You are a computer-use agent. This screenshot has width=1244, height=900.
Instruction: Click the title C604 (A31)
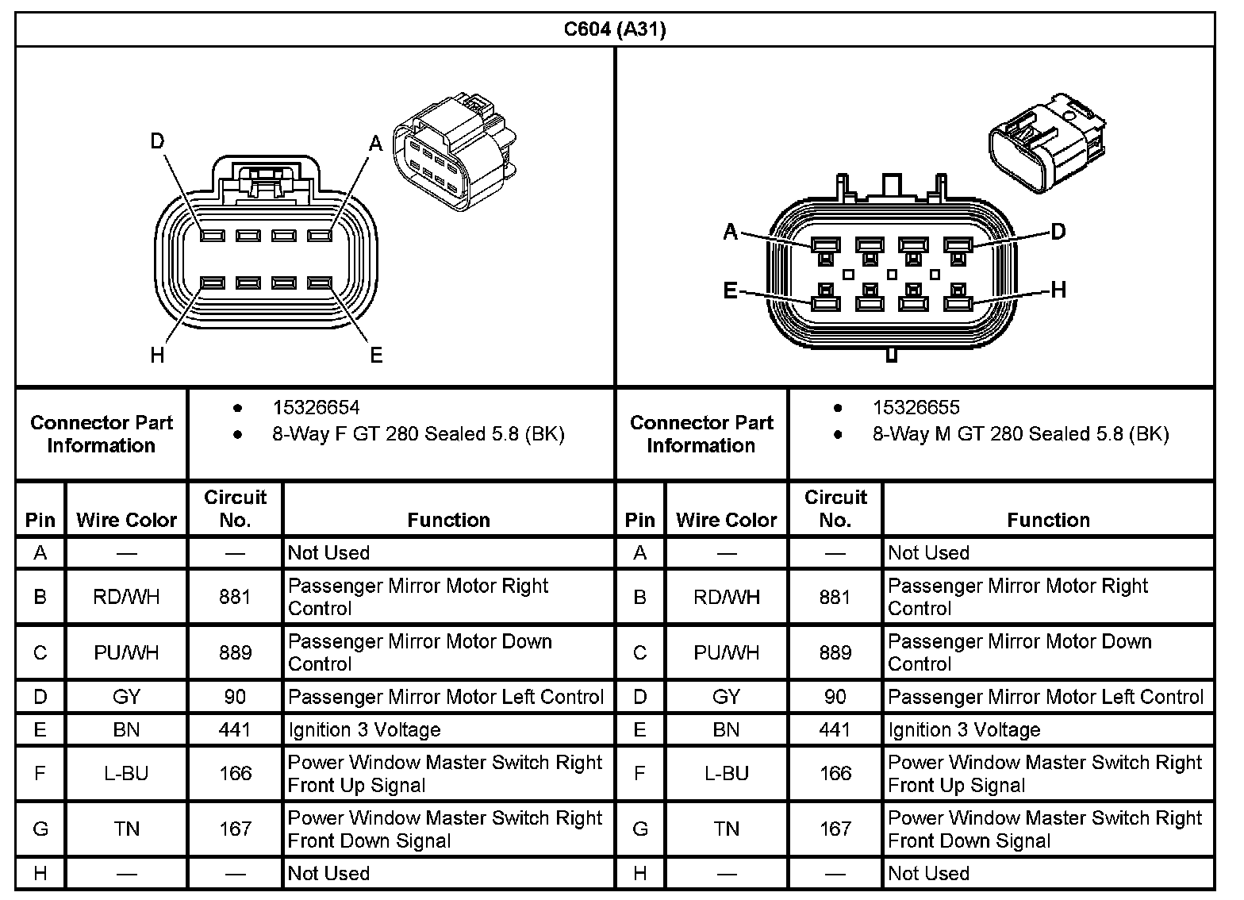[615, 30]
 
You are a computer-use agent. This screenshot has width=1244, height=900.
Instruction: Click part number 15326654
[316, 408]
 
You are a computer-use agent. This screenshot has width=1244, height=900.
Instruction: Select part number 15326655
[916, 408]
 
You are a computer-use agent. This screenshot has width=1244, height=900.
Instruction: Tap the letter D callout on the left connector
[157, 141]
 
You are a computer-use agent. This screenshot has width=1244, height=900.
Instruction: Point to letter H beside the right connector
[1058, 290]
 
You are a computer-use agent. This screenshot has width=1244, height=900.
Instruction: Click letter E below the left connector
[376, 355]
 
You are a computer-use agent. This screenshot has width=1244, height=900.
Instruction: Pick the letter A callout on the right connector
[731, 232]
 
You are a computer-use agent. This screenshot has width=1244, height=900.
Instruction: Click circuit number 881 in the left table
[235, 597]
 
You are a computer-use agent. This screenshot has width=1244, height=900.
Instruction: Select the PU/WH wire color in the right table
[726, 652]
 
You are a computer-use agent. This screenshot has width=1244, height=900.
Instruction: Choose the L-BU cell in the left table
[126, 774]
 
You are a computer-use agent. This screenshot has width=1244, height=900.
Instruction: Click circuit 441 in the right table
[835, 730]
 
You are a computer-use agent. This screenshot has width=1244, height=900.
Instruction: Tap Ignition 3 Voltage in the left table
[364, 730]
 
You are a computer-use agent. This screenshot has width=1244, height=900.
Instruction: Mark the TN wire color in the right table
[726, 829]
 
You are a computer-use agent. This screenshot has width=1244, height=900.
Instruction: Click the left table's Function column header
[448, 520]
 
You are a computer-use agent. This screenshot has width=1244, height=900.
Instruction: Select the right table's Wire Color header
[726, 520]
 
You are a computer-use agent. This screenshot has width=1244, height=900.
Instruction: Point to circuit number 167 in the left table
[235, 829]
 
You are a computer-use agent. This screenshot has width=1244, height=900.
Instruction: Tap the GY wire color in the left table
[126, 697]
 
